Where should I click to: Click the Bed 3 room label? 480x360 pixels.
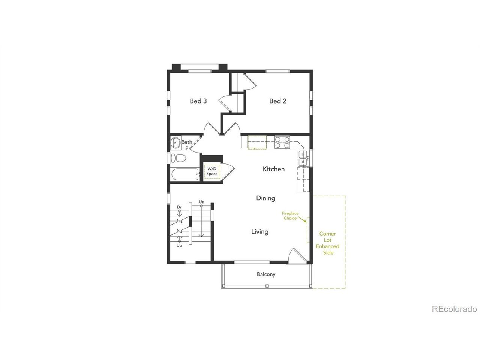click(x=198, y=101)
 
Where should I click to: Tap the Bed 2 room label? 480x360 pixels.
click(x=278, y=101)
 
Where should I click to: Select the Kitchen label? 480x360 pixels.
click(x=274, y=169)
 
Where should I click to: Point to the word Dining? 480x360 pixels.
click(x=266, y=198)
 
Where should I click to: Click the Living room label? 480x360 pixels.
click(x=260, y=232)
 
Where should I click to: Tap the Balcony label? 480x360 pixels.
click(x=266, y=274)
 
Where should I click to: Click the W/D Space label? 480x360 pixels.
click(x=212, y=171)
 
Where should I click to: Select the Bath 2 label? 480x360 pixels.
click(x=187, y=145)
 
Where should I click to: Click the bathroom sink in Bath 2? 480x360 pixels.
click(x=175, y=143)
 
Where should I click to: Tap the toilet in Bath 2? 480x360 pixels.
click(x=178, y=158)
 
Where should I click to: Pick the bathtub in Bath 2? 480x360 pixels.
click(x=185, y=175)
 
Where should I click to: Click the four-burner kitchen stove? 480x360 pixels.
click(x=282, y=142)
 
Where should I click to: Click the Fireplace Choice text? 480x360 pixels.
click(x=290, y=216)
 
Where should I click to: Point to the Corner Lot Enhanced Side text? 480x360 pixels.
click(x=328, y=243)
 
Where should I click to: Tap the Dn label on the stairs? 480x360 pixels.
click(x=180, y=207)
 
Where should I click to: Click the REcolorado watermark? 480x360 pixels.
click(x=454, y=309)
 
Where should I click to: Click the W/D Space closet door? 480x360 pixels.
click(x=228, y=172)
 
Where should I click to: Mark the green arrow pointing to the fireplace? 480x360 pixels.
click(x=302, y=219)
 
